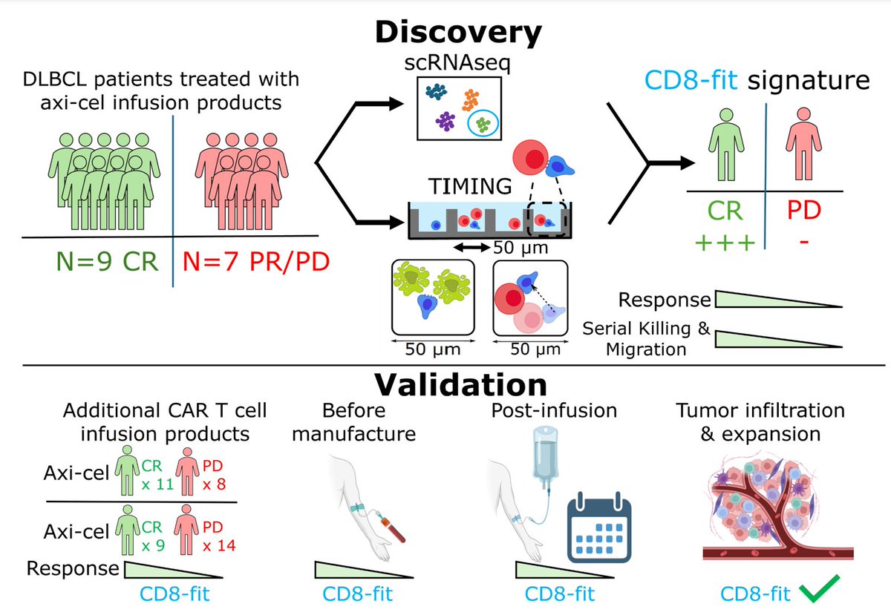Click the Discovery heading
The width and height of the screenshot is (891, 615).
click(458, 32)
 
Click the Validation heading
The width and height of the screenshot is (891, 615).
click(460, 385)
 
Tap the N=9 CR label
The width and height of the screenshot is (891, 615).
click(108, 262)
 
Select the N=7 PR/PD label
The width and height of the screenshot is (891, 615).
click(255, 262)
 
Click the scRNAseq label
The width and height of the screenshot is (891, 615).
click(457, 63)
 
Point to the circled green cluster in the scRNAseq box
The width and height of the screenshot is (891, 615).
click(483, 124)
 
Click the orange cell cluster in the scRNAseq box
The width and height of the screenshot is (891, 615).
click(471, 100)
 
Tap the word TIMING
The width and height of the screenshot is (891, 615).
click(470, 186)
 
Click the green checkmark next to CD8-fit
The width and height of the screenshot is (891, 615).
click(820, 589)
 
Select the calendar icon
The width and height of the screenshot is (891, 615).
click(599, 527)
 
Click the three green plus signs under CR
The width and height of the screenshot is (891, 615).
click(725, 243)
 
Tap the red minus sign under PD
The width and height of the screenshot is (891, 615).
click(804, 241)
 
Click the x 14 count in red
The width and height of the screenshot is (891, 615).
click(219, 545)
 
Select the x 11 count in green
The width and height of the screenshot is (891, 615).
click(158, 484)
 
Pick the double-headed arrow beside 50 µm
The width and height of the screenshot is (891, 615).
click(471, 248)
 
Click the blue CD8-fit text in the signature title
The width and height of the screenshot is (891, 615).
click(691, 80)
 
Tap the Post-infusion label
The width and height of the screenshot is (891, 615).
click(554, 410)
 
